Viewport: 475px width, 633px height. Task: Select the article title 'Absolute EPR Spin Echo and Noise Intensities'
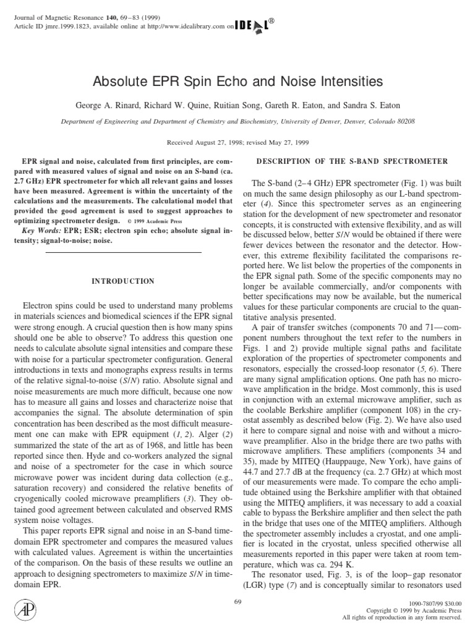[x=237, y=82]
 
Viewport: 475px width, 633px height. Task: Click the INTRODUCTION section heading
[x=124, y=281]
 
